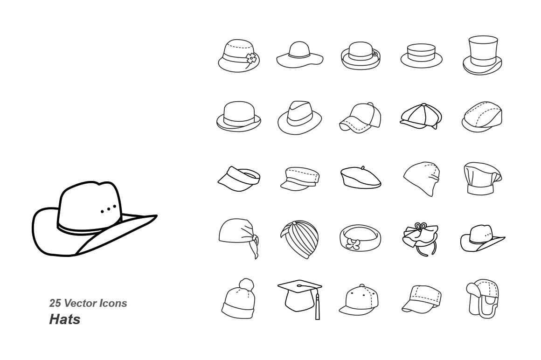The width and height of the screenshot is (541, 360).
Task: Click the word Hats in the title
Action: point(65,319)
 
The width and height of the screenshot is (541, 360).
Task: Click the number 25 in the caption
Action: point(55,303)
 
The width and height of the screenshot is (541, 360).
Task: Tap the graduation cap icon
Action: point(300,299)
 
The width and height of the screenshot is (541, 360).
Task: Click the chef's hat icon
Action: point(483,179)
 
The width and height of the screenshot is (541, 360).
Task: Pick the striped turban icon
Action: point(299,239)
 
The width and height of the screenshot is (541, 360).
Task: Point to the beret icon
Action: point(361,177)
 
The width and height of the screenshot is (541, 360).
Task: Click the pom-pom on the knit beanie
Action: point(247,285)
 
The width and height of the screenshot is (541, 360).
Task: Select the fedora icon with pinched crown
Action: point(299,118)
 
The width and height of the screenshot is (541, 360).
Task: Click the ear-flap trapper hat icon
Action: point(482,298)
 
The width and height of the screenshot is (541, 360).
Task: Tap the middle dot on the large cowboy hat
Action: point(108,209)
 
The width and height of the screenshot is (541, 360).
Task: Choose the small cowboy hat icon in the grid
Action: point(482,238)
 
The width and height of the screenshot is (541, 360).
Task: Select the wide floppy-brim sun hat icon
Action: point(300,55)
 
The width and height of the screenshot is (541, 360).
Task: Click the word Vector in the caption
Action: point(79,303)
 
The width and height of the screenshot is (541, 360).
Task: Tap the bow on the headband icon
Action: point(352,243)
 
